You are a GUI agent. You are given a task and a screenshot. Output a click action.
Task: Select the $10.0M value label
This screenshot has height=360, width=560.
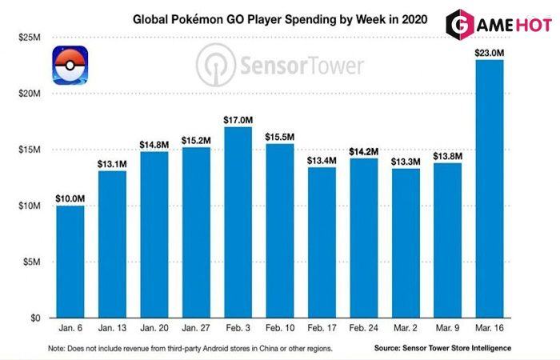(69, 197)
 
